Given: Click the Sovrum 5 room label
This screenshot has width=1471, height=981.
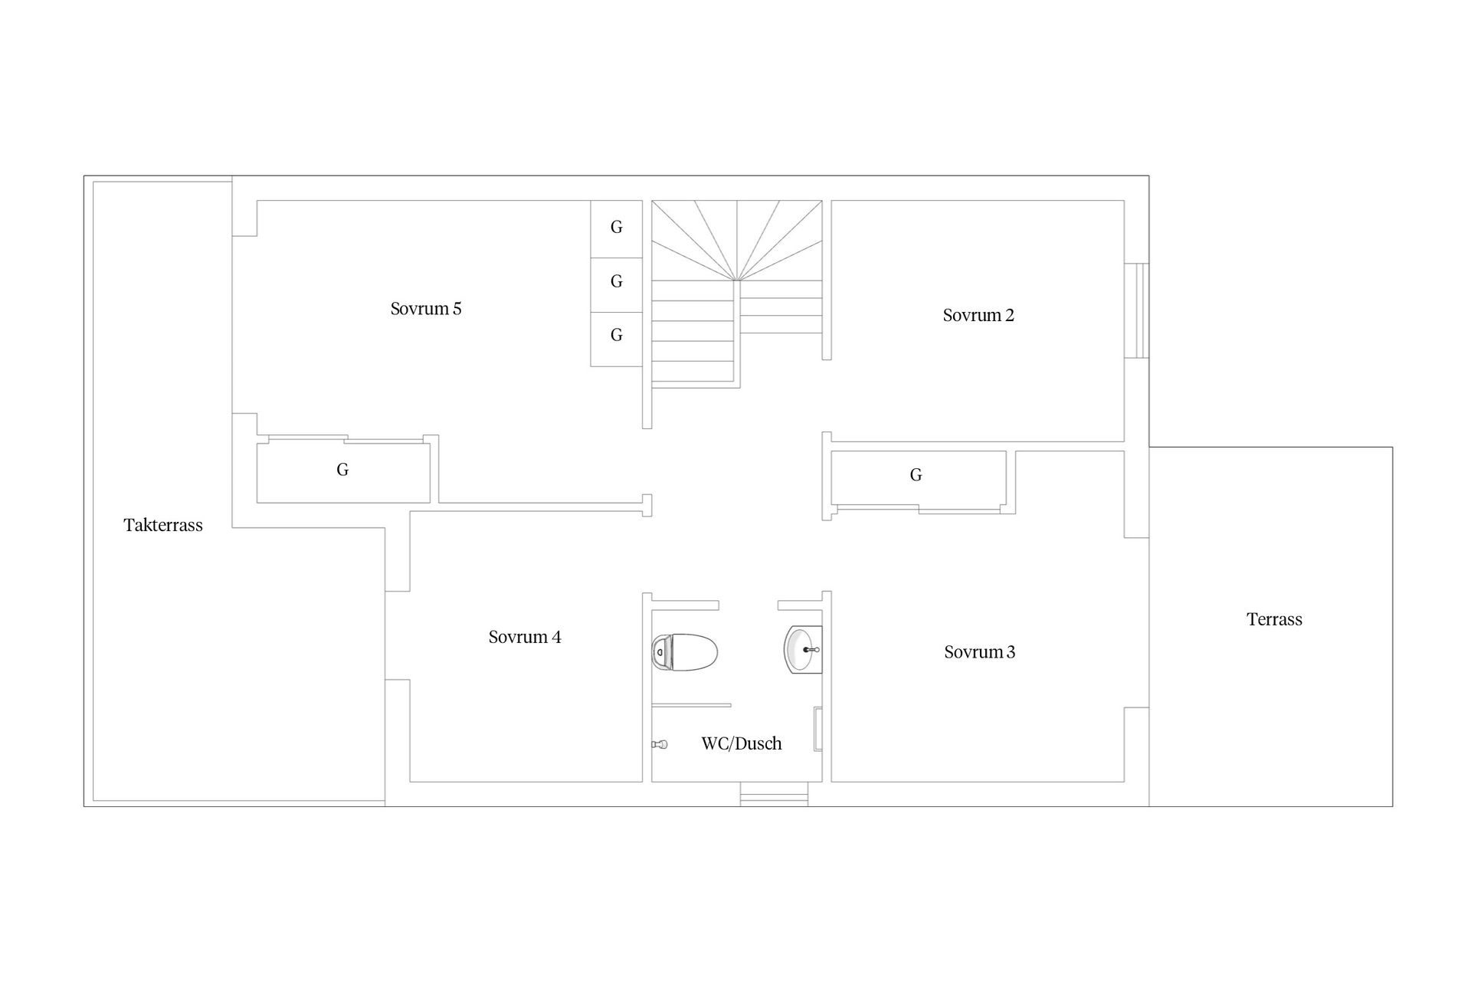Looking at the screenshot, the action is pos(426,309).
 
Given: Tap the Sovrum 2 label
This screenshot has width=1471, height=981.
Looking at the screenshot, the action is pos(978,315).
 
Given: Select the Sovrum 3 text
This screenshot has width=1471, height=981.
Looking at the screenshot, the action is pos(979,652).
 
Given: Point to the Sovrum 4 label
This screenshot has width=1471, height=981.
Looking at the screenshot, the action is pos(525,637).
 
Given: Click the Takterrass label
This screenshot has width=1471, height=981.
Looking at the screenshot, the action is pos(163,525).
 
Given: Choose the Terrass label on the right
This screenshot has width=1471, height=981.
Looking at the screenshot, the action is pos(1274,619).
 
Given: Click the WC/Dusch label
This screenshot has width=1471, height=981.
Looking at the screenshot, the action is pos(742,743).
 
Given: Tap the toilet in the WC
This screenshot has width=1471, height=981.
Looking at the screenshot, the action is pos(684,652).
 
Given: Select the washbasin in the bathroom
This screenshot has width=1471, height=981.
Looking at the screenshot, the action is pos(803,649).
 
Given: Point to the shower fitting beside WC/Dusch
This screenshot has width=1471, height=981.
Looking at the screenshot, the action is pos(660,744).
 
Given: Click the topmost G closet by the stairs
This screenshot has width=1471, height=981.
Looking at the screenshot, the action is pos(616,228).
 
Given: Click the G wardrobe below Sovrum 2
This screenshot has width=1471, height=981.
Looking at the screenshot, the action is pos(918,478).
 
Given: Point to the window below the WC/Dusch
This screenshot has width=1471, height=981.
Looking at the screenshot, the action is pos(774,794).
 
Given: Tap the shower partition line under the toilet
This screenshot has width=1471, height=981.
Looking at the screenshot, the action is pos(691,705).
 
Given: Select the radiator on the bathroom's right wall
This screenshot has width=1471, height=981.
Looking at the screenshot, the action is pos(817,728).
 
